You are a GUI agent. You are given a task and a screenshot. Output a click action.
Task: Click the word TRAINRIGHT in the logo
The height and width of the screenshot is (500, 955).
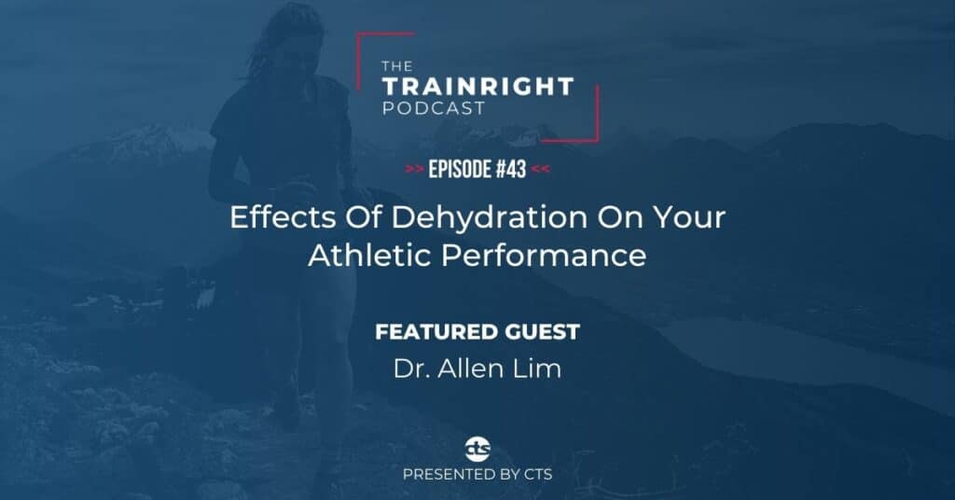(x=477, y=87)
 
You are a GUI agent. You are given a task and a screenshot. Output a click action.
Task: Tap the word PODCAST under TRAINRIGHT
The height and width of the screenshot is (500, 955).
(x=433, y=108)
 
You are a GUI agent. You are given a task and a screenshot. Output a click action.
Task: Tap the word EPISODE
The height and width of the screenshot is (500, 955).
(x=457, y=170)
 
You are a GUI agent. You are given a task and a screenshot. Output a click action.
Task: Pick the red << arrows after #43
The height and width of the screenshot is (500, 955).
(x=539, y=170)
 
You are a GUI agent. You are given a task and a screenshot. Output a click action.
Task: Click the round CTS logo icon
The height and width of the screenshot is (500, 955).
(x=477, y=445)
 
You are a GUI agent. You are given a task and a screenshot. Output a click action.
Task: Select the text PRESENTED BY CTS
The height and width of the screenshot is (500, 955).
(x=477, y=475)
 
